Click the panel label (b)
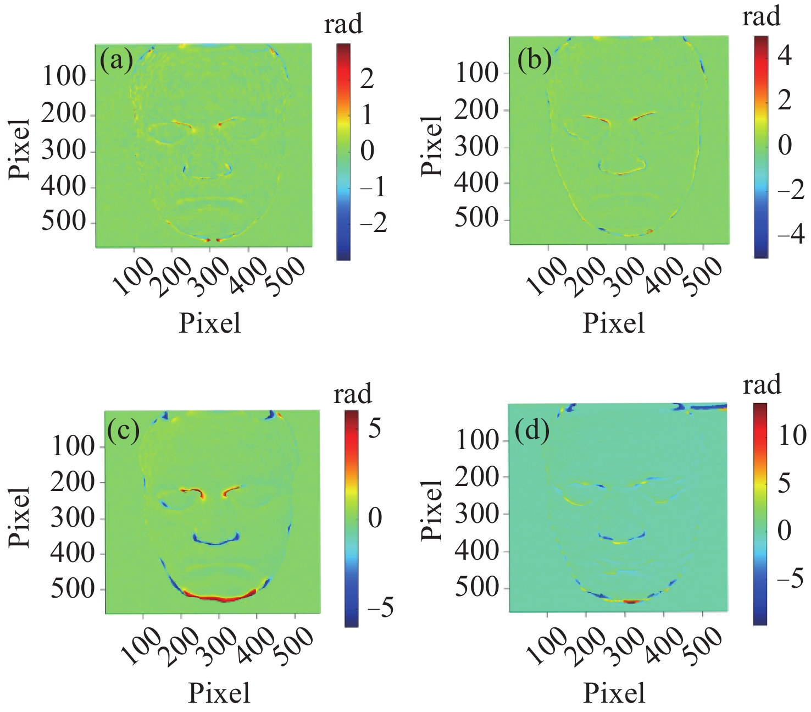[535, 61]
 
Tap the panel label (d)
[532, 431]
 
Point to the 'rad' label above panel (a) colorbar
[343, 24]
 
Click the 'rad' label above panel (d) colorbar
[762, 384]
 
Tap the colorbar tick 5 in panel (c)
[375, 428]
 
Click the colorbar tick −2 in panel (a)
[373, 223]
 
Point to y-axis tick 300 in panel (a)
[64, 151]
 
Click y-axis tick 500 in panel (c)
[73, 589]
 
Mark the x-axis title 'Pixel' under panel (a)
[210, 323]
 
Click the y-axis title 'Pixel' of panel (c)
[20, 516]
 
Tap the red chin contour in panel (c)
[219, 597]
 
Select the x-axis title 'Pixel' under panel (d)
[614, 693]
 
